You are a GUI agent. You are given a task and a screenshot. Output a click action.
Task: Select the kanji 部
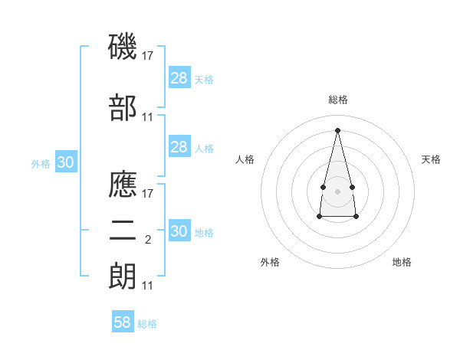[123, 109]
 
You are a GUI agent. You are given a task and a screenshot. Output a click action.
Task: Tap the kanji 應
[123, 185]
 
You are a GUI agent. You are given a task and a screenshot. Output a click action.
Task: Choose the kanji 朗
[123, 277]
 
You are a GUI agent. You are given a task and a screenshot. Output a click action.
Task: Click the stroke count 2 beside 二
[147, 240]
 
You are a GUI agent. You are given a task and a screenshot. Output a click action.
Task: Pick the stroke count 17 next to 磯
[149, 56]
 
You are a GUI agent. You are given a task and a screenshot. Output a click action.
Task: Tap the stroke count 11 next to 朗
[148, 286]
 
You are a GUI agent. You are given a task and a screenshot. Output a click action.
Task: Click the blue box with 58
[123, 322]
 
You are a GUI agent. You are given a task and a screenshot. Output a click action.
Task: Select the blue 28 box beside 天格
[179, 78]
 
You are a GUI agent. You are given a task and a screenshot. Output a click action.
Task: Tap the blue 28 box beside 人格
[179, 147]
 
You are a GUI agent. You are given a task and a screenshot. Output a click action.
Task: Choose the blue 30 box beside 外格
[66, 162]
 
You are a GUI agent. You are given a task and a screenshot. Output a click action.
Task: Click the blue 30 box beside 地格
[179, 231]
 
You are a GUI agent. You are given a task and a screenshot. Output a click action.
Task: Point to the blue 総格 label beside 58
[147, 324]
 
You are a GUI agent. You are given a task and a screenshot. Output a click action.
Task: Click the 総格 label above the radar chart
[338, 100]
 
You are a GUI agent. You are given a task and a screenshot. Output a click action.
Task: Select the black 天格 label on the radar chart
[431, 159]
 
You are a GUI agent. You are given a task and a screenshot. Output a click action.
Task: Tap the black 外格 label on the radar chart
[270, 262]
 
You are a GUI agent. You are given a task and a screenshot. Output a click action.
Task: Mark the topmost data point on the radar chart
[337, 129]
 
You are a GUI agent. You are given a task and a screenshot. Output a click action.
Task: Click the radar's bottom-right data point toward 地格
[356, 217]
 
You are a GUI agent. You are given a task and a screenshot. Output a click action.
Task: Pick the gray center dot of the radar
[337, 190]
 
